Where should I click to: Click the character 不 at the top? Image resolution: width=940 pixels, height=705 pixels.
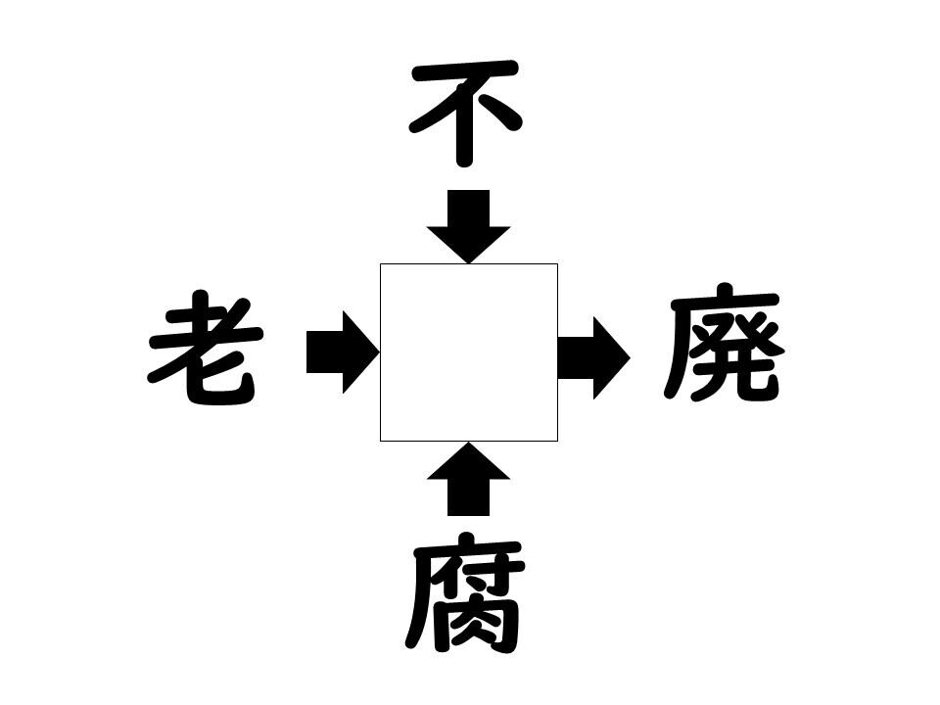[x=464, y=113]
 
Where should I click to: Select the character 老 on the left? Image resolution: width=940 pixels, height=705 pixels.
[x=205, y=348]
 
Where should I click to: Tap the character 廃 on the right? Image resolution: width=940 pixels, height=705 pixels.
[x=724, y=345]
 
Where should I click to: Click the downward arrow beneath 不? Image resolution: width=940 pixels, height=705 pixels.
[x=468, y=226]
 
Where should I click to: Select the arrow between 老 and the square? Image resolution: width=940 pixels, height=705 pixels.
[x=343, y=352]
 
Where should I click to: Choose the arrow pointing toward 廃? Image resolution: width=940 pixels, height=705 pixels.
[x=593, y=358]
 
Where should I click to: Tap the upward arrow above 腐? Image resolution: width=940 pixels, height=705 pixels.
[x=468, y=479]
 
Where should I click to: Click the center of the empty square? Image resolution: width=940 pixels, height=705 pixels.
[x=469, y=352]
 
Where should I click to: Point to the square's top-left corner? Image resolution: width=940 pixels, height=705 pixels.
[x=380, y=263]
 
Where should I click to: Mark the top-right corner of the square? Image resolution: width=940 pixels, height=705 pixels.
[x=558, y=263]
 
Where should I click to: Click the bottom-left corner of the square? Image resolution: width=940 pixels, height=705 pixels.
[x=380, y=442]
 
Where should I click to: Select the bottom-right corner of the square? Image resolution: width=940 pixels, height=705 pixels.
[x=558, y=442]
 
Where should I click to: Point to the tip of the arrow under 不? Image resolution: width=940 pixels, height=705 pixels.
[x=468, y=263]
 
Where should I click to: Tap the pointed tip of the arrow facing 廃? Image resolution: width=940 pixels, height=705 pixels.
[x=630, y=358]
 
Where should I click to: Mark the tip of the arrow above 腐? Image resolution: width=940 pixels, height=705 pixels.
[x=468, y=443]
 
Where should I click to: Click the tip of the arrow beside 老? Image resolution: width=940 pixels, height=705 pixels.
[x=380, y=352]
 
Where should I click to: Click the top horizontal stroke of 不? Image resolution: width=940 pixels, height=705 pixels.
[x=464, y=70]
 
